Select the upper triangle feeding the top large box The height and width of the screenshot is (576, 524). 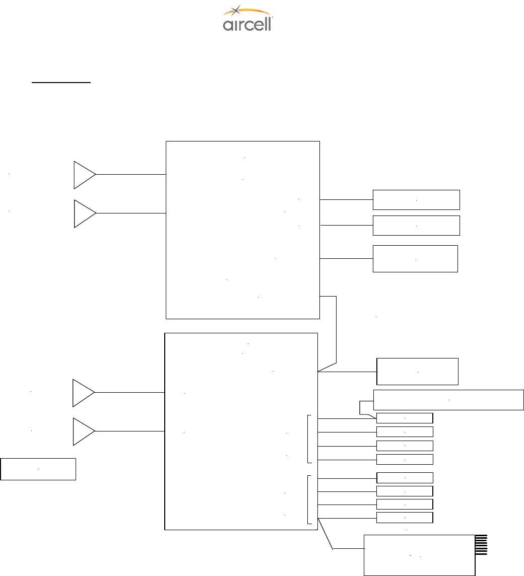pos(83,175)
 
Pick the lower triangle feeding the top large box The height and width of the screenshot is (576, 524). pos(83,213)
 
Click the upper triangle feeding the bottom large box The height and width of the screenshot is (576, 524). pos(82,392)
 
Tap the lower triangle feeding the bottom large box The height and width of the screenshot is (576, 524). pos(82,431)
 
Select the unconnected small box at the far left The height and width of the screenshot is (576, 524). pos(38,469)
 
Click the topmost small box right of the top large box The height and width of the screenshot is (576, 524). pos(416,199)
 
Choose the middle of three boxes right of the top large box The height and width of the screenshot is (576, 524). pos(416,226)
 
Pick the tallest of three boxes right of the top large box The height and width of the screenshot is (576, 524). pos(415,259)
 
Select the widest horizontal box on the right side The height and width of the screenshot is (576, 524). pos(448,399)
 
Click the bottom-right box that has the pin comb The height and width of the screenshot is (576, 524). pos(419,555)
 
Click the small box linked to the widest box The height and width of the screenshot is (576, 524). pos(405,418)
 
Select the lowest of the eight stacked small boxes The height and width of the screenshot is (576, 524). pos(405,518)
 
